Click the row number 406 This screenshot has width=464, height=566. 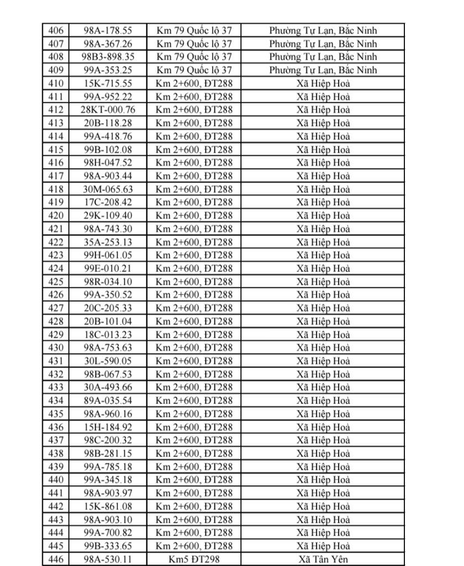point(56,30)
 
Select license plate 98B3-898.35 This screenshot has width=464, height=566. point(104,56)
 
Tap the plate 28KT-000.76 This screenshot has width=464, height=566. point(104,109)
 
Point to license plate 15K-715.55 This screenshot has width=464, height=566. point(104,83)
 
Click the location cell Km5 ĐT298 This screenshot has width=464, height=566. point(194,559)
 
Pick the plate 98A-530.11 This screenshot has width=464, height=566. point(104,559)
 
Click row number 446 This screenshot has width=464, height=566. point(56,559)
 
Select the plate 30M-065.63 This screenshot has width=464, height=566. point(104,189)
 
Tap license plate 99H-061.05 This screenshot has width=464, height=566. point(104,255)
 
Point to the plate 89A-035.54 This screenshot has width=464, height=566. point(104,400)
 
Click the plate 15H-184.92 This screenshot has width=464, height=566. point(104,427)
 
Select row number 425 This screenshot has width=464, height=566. point(56,281)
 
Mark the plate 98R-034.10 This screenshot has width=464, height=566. point(104,281)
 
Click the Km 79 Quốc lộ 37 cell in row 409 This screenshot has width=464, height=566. point(194,70)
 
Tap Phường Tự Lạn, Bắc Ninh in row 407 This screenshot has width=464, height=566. point(323,43)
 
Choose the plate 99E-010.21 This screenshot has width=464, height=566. point(104,268)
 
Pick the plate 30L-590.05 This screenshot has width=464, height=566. point(104,361)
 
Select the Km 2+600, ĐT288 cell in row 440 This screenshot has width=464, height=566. point(194,480)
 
